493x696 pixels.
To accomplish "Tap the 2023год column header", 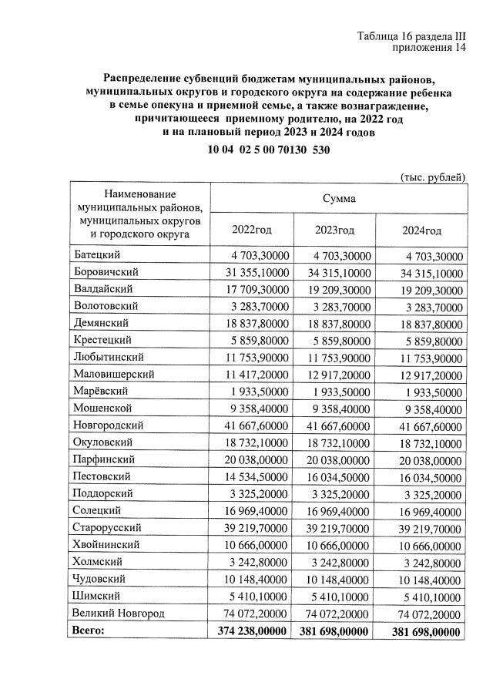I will (334, 230).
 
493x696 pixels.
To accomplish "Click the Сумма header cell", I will (340, 198).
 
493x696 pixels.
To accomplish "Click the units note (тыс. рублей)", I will (432, 177).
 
